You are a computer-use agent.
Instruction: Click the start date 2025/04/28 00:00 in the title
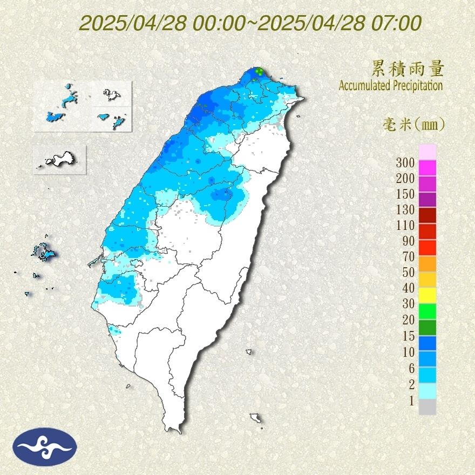coord(162,24)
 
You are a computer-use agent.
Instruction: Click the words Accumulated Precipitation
coord(390,86)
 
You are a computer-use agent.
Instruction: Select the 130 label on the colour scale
coord(405,209)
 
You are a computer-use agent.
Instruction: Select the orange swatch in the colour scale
coord(427,263)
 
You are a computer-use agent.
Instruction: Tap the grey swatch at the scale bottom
coord(427,407)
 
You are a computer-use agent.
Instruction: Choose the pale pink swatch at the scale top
coord(427,152)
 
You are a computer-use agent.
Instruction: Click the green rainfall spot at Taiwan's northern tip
coord(260,71)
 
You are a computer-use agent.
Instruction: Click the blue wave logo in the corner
coord(45,446)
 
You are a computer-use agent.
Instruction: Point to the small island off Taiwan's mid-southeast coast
coord(249,352)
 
